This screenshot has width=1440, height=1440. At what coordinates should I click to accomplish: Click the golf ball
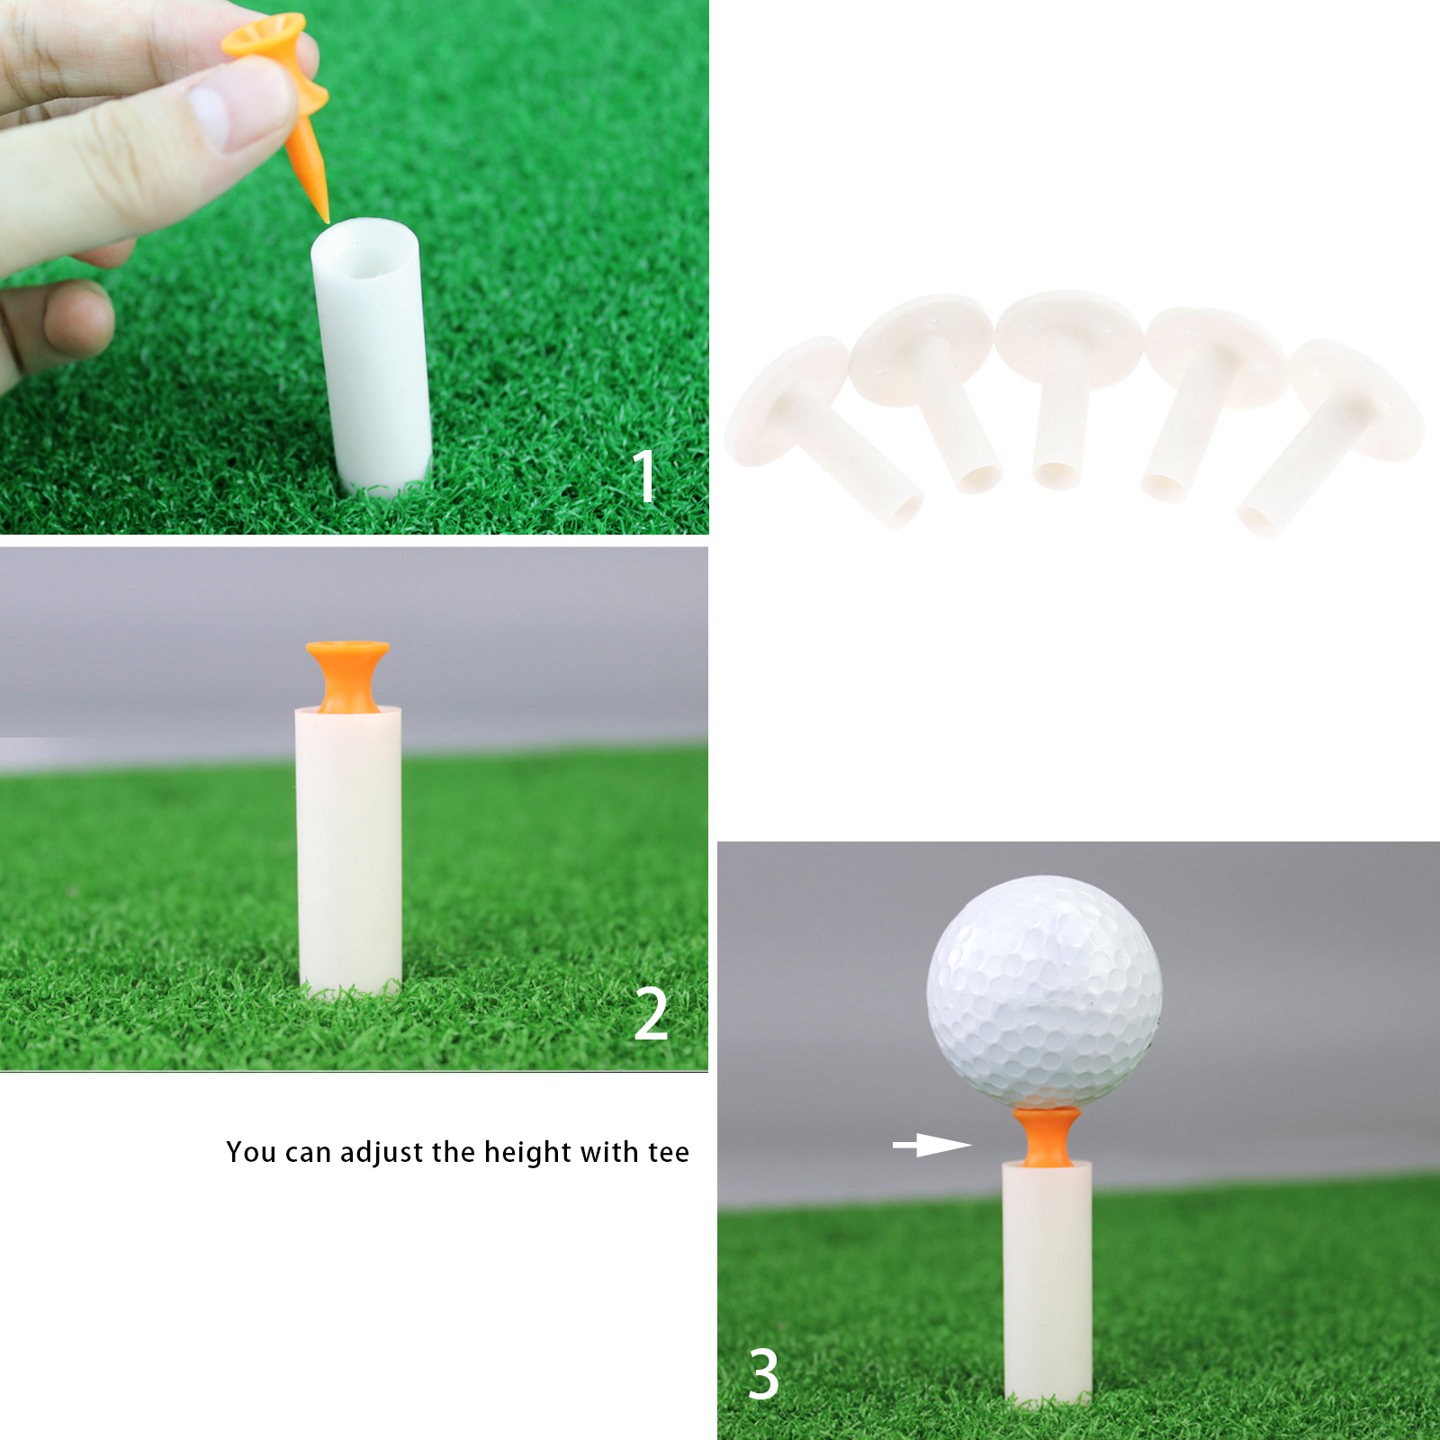(1044, 992)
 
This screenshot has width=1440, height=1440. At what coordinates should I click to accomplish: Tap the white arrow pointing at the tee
(931, 1146)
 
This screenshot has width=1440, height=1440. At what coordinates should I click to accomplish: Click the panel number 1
(643, 476)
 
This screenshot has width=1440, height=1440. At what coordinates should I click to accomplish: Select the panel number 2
(651, 1013)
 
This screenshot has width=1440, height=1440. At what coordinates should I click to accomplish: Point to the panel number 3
(764, 1374)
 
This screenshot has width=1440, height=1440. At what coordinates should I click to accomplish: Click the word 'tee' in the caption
(669, 1153)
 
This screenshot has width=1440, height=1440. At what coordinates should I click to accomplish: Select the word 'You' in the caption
(249, 1152)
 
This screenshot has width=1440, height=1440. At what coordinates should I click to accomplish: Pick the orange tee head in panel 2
(347, 675)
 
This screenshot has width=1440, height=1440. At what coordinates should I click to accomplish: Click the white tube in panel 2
(349, 850)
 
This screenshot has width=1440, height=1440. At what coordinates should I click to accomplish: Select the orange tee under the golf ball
(1046, 1137)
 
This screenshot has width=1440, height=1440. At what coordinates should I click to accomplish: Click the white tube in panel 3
(1048, 1282)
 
